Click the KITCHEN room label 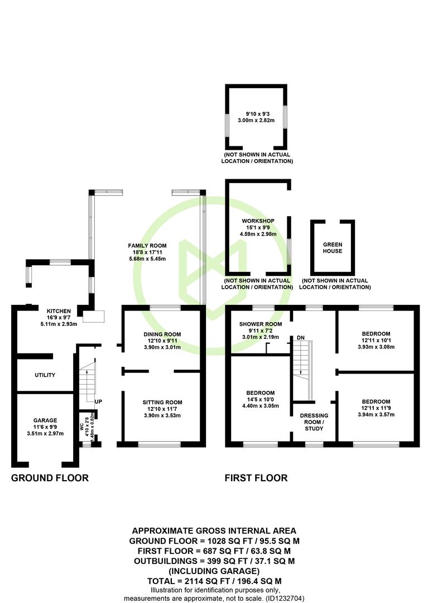coord(59,311)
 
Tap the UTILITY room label coord(45,375)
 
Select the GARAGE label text coord(45,420)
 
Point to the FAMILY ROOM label coord(147,246)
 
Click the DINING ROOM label coord(162,334)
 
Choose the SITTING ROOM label coord(162,402)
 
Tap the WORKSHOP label coord(258,221)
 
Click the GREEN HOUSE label coord(333,248)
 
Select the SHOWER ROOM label coord(261,324)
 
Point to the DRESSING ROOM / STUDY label coord(314,422)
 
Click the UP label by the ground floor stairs coord(98,401)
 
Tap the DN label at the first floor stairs coord(300,338)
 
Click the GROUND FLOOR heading coord(50,478)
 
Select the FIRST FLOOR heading coord(256,478)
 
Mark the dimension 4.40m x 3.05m coord(260,406)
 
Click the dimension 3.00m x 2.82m coord(256,121)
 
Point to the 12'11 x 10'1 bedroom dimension coord(376,341)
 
